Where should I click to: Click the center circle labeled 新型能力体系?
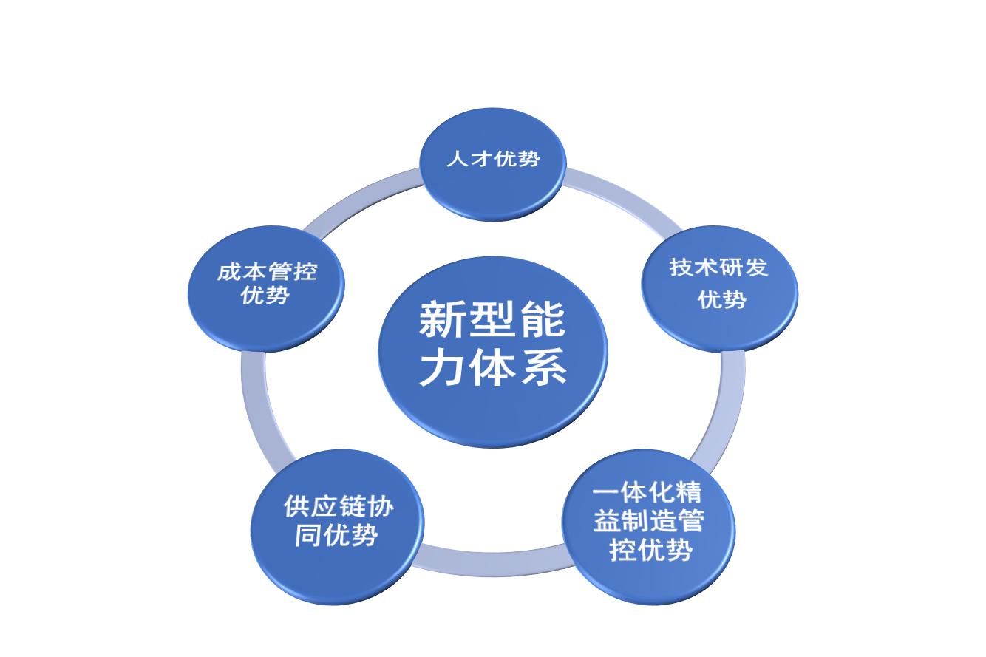tap(492, 351)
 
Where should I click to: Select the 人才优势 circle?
tap(492, 163)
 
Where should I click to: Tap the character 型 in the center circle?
tap(492, 320)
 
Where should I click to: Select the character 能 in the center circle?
tap(545, 320)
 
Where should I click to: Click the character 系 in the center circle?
tap(545, 367)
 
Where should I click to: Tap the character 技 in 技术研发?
tap(681, 267)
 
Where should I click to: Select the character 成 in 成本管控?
tap(228, 272)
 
